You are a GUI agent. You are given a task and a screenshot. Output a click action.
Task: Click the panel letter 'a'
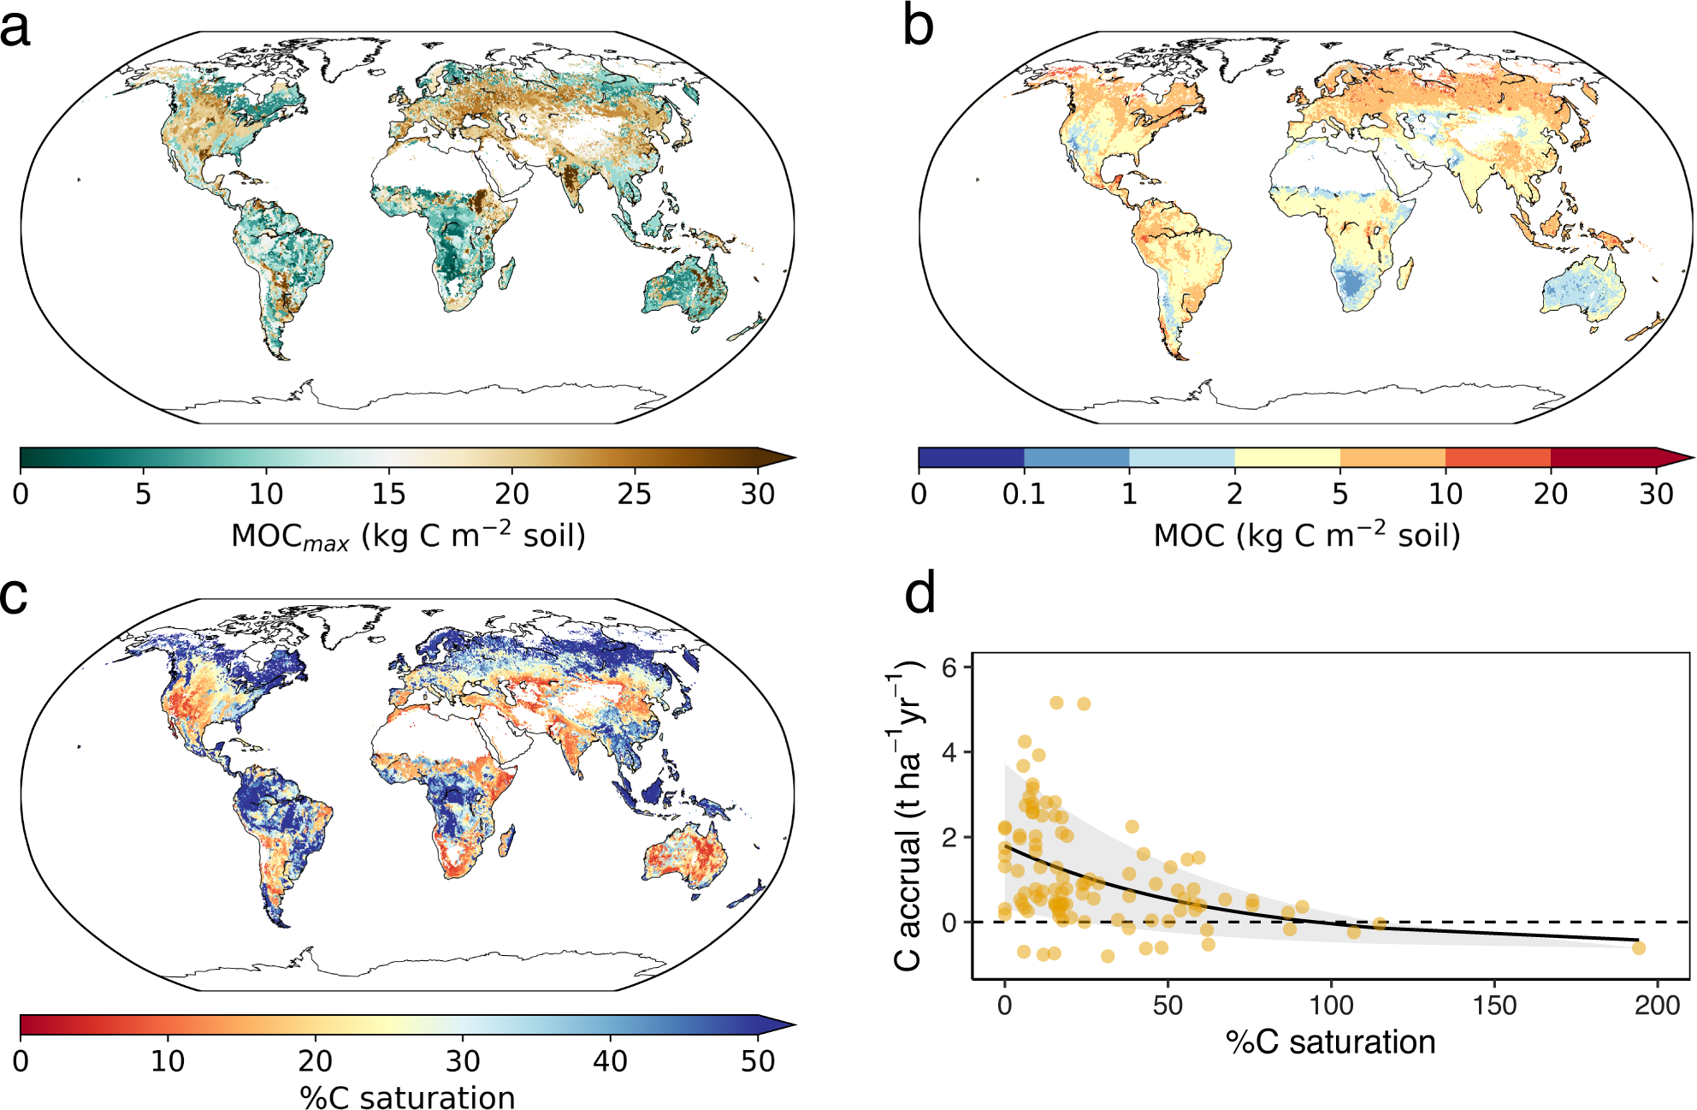coord(15,27)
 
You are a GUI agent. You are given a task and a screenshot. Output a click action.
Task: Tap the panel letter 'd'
coord(920,593)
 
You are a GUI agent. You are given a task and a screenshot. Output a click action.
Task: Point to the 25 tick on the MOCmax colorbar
coord(634,494)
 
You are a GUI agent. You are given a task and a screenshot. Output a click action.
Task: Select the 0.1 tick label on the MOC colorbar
coord(1024,494)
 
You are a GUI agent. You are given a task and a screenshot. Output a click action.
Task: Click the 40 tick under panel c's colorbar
coord(610,1061)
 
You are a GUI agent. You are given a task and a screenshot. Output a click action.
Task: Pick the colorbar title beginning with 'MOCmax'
coord(408,537)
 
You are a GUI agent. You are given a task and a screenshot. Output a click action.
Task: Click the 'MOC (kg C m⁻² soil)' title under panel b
coord(1306,537)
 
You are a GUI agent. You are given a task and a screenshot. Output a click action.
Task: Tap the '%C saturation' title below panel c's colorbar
coord(407,1097)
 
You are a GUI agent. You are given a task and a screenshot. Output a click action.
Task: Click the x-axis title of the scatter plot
coord(1330,1042)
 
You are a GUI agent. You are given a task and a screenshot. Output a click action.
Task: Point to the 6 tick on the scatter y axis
coord(949,668)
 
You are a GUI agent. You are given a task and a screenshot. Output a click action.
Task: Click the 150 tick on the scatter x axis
coord(1494,1005)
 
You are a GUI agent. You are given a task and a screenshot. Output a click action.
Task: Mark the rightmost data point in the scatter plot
coord(1638,947)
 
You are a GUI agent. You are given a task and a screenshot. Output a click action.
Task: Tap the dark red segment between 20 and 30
coord(1603,458)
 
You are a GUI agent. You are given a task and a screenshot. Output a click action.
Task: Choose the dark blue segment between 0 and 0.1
coord(971,458)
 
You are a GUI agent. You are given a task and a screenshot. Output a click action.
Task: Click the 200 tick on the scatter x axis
coord(1657,1005)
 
